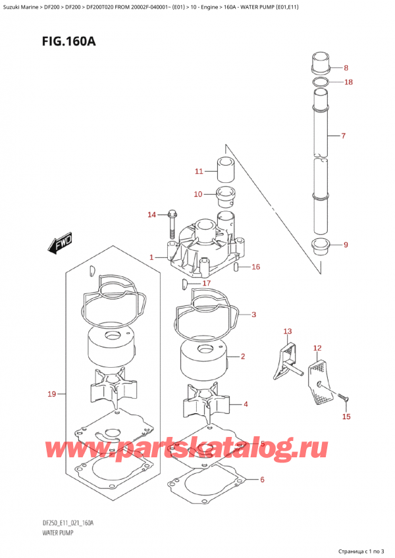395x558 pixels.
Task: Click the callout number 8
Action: click(x=346, y=68)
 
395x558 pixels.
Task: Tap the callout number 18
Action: click(x=348, y=82)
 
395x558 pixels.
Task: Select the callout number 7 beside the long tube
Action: click(x=344, y=136)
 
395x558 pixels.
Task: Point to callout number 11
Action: click(x=199, y=171)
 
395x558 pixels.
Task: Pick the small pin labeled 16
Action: click(x=236, y=267)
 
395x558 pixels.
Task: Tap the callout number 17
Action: click(x=207, y=283)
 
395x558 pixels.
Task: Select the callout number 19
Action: click(x=52, y=394)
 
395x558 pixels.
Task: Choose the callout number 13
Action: click(x=288, y=332)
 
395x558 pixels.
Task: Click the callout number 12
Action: click(x=317, y=347)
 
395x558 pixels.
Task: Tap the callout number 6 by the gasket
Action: click(x=262, y=479)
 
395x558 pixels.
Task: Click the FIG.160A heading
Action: click(x=68, y=41)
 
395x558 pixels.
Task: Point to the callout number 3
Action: click(x=253, y=315)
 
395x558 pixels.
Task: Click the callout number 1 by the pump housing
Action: click(x=151, y=257)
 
